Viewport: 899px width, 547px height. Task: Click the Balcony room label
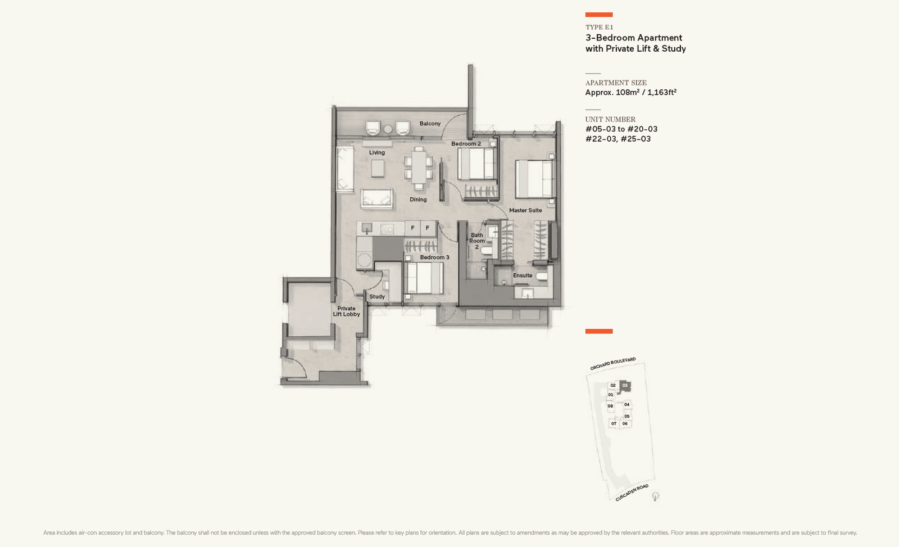tap(430, 124)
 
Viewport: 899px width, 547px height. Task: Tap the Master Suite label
tap(525, 210)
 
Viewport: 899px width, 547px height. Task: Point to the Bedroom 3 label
tap(434, 257)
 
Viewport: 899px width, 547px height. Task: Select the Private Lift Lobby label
tap(346, 311)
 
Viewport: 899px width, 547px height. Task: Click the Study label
tap(377, 297)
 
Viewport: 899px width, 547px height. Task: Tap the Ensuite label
tap(523, 275)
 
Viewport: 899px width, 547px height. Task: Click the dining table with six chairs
tap(419, 168)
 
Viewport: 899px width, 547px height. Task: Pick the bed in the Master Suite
tap(534, 179)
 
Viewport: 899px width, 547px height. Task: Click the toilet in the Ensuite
tap(541, 277)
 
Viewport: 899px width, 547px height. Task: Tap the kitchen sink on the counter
tap(367, 228)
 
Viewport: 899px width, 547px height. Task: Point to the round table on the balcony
tap(388, 129)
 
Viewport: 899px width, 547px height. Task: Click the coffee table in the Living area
tap(378, 169)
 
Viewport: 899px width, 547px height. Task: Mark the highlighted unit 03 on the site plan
tap(625, 386)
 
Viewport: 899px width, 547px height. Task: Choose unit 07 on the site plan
tap(614, 424)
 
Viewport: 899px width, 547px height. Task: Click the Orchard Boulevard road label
tap(612, 364)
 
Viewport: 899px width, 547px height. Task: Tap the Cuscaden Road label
tap(632, 492)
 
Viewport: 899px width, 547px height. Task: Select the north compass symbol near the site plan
tap(655, 496)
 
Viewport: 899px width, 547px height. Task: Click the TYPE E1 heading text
tap(599, 27)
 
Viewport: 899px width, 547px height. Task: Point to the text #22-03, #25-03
tap(618, 139)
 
